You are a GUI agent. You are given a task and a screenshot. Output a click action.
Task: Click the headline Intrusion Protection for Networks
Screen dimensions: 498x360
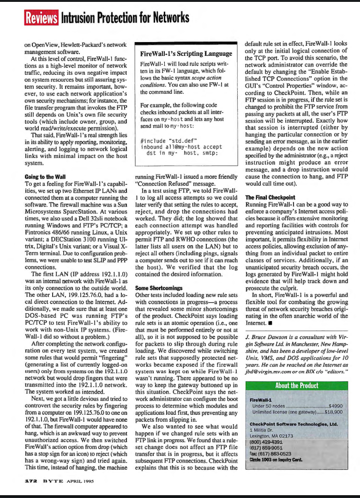125,18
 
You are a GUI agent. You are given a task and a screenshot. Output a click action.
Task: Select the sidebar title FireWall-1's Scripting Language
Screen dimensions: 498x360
186,53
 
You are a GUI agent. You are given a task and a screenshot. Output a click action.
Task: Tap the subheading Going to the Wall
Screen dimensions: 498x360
45,176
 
